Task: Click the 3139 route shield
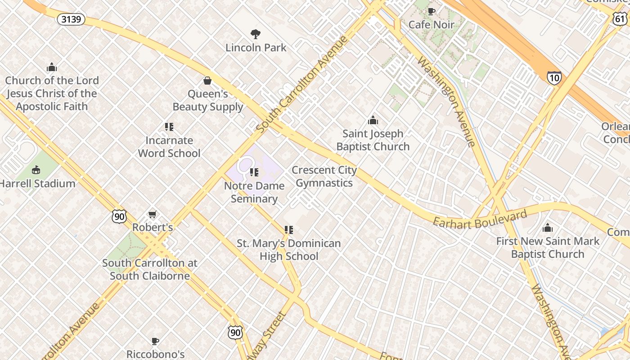72,19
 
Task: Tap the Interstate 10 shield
554,78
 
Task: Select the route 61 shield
620,18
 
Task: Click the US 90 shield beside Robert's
119,216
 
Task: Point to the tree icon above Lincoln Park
256,34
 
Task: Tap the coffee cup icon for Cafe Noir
432,11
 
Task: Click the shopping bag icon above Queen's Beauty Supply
207,81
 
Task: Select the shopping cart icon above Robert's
153,215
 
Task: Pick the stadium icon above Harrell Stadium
36,170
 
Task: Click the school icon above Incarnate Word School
169,127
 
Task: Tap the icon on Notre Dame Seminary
254,172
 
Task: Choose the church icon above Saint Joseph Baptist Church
373,120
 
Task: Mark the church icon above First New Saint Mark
548,228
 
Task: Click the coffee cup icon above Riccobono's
155,341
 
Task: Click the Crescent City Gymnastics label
324,176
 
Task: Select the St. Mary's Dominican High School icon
289,230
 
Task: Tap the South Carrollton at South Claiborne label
149,269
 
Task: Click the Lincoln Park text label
256,47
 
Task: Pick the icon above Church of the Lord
52,67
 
